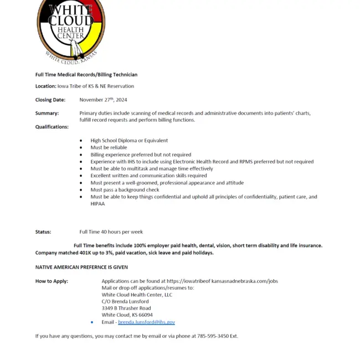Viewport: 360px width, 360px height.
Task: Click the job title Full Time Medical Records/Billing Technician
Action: pos(86,75)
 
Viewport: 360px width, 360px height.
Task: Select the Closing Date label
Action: pos(50,100)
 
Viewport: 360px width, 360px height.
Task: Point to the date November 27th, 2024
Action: pos(103,100)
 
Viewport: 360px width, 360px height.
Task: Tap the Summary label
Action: pos(47,114)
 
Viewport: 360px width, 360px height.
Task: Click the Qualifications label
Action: pos(52,127)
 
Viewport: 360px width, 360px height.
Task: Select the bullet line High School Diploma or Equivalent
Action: pos(129,141)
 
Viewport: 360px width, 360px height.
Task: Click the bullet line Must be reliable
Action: pos(109,148)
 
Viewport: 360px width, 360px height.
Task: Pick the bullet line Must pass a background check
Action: pos(125,190)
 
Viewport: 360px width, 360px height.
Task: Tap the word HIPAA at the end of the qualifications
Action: pos(97,204)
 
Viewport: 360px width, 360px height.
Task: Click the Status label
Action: pos(43,232)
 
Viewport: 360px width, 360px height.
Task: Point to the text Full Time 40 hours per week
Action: pos(111,232)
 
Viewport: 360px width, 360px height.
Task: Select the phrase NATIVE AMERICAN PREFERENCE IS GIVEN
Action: pos(81,267)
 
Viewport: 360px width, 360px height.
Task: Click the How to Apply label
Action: pos(52,281)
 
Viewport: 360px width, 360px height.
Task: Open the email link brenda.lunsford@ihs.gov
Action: pos(146,322)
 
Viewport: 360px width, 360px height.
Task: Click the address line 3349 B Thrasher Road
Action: pos(126,308)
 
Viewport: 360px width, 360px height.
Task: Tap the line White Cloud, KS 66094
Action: pos(127,315)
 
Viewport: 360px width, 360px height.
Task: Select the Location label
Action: pos(45,86)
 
